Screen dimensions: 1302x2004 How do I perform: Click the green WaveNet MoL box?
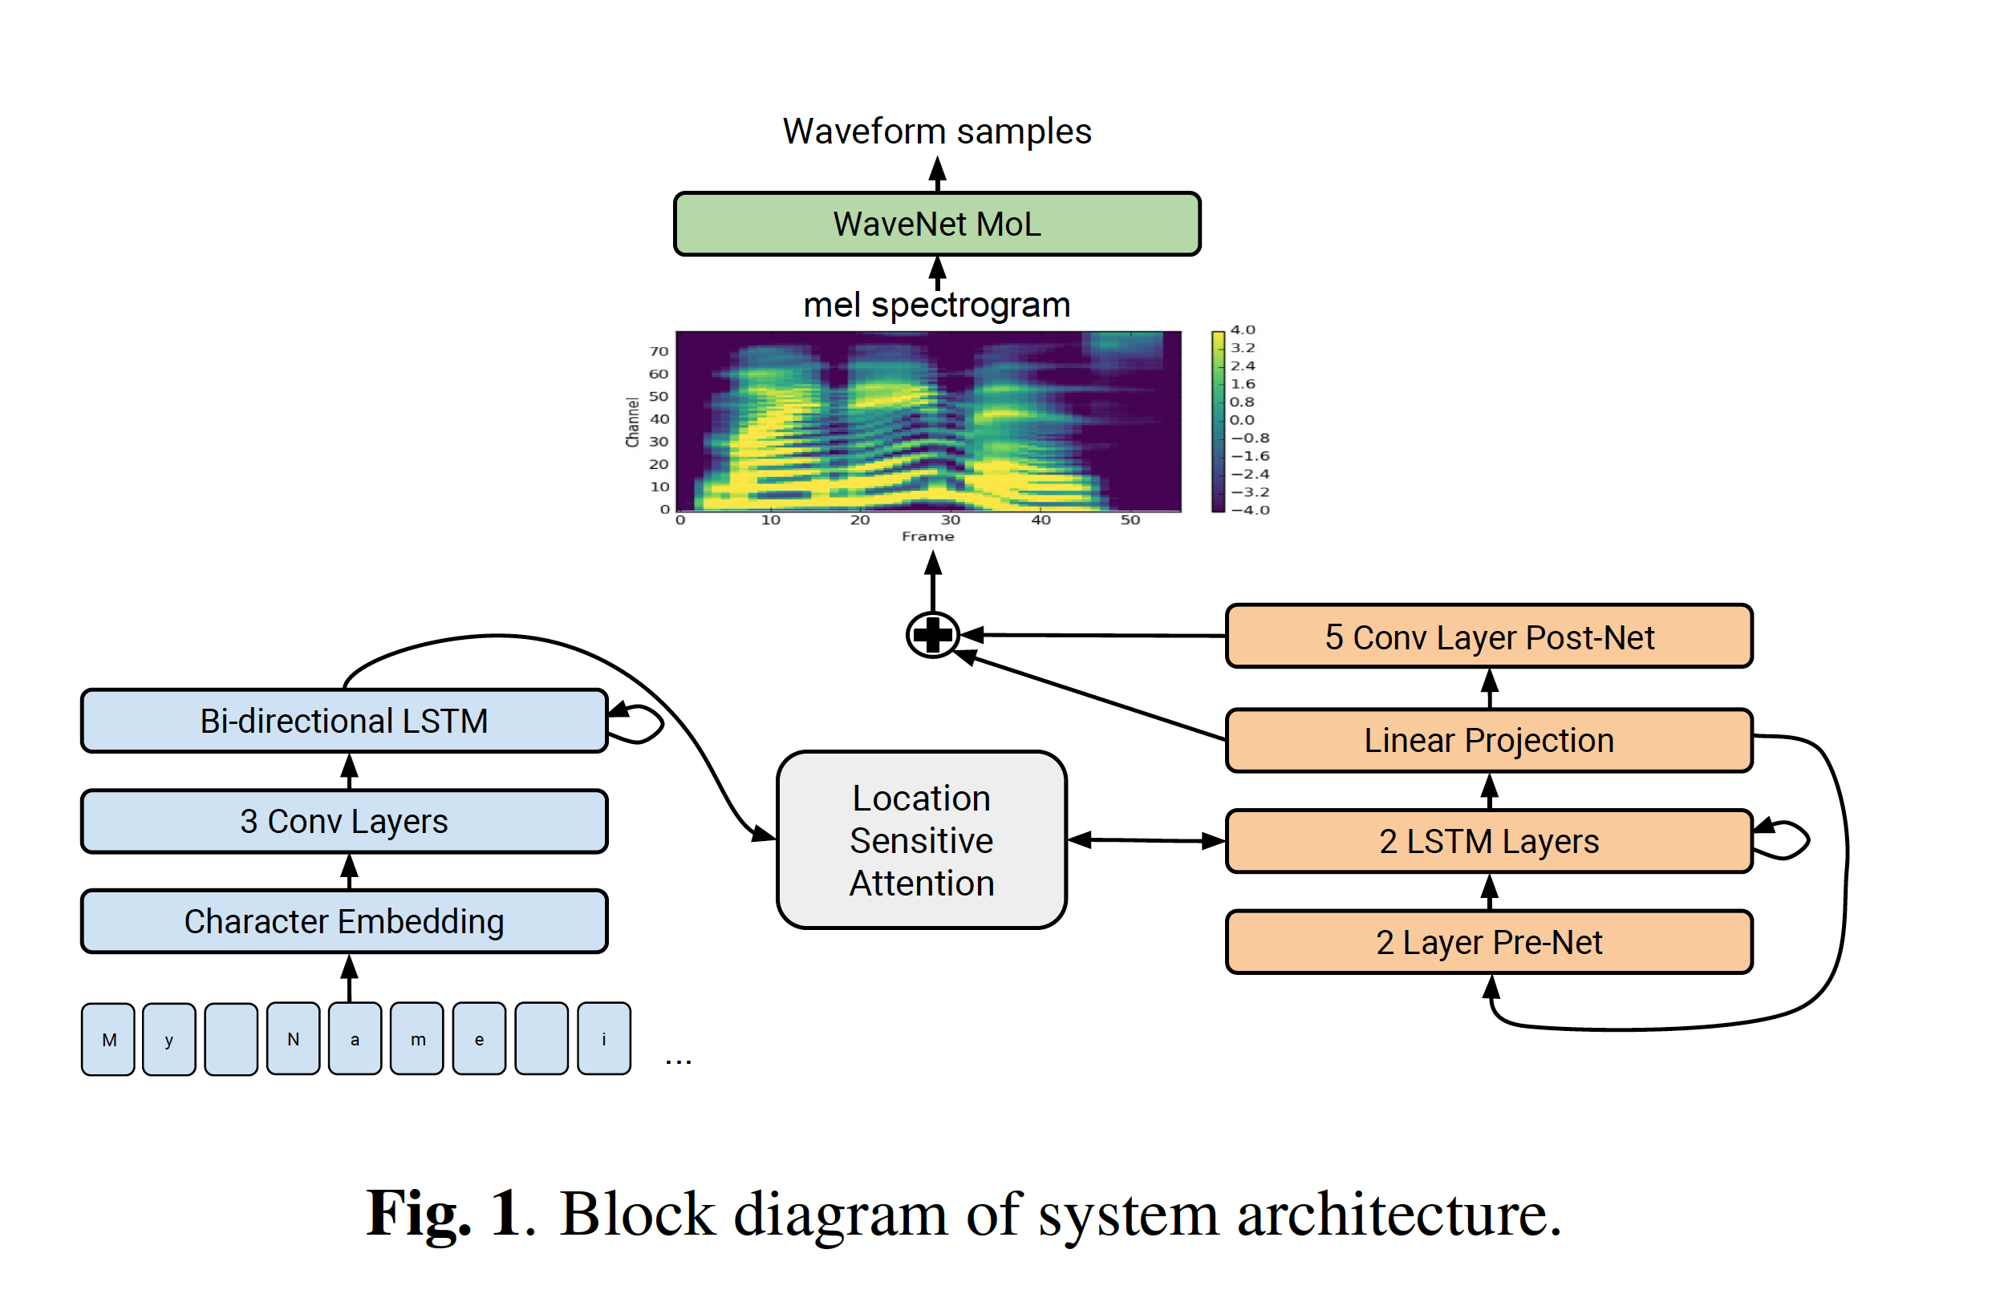[936, 224]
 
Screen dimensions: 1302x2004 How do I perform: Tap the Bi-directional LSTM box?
[343, 721]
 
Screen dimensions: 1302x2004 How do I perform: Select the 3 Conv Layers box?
[343, 821]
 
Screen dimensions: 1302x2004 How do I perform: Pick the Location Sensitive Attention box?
[921, 840]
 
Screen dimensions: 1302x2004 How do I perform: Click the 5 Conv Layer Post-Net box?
[1489, 637]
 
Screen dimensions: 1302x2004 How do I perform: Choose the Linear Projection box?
[1489, 740]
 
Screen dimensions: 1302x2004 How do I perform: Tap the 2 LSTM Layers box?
[1489, 841]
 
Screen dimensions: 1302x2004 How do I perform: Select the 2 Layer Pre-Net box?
[1489, 942]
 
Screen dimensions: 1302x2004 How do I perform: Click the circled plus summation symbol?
[932, 635]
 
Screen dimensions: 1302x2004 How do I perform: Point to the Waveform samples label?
[936, 131]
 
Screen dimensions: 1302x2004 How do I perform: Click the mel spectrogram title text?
[936, 305]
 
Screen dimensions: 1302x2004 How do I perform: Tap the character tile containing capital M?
[108, 1039]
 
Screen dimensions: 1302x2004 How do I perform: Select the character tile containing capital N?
[293, 1039]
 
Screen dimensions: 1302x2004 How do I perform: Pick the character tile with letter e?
[479, 1039]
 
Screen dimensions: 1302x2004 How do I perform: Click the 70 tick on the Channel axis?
[659, 351]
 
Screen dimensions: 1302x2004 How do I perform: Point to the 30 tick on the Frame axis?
[950, 520]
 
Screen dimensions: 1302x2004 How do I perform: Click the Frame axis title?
[928, 536]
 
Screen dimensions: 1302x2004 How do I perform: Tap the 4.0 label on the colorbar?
[1242, 330]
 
